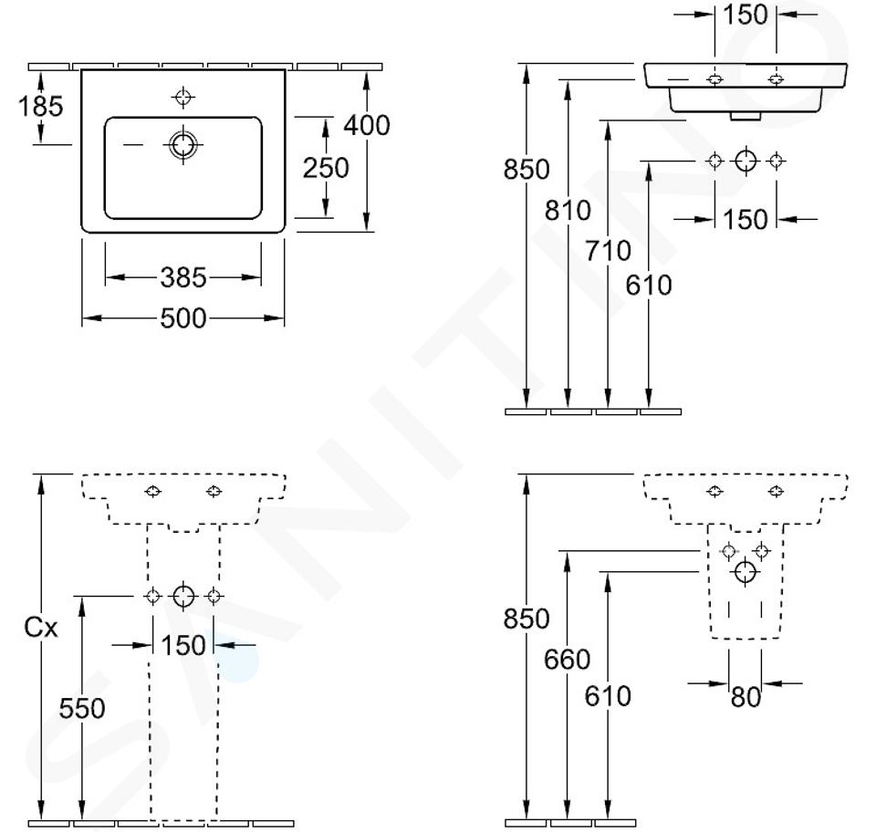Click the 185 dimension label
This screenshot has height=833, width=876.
click(x=41, y=106)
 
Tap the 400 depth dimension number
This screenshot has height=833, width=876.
click(x=367, y=125)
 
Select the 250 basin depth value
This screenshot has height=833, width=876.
click(x=326, y=168)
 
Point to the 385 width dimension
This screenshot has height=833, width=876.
click(x=183, y=277)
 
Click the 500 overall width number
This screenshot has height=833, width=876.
click(x=183, y=318)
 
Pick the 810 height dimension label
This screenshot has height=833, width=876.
click(x=568, y=211)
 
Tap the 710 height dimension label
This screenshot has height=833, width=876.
click(x=608, y=250)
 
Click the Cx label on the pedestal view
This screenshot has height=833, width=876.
click(x=41, y=628)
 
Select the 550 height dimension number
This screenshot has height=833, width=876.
click(x=82, y=708)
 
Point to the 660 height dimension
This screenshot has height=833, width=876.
click(x=567, y=660)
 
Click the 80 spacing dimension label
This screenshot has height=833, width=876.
click(x=746, y=697)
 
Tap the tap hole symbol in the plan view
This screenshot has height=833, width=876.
click(x=182, y=98)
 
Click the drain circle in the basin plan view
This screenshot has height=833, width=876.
click(x=183, y=145)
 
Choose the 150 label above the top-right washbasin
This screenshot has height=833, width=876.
click(x=746, y=15)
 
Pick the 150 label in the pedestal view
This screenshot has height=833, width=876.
click(x=183, y=645)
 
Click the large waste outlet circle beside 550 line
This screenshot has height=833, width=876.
click(x=183, y=596)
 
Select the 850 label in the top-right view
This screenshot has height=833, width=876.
click(x=527, y=170)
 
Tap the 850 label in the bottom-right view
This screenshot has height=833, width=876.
click(x=527, y=619)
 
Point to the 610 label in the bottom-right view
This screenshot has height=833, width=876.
click(x=608, y=696)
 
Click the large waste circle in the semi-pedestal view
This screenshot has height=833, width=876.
click(x=746, y=572)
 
